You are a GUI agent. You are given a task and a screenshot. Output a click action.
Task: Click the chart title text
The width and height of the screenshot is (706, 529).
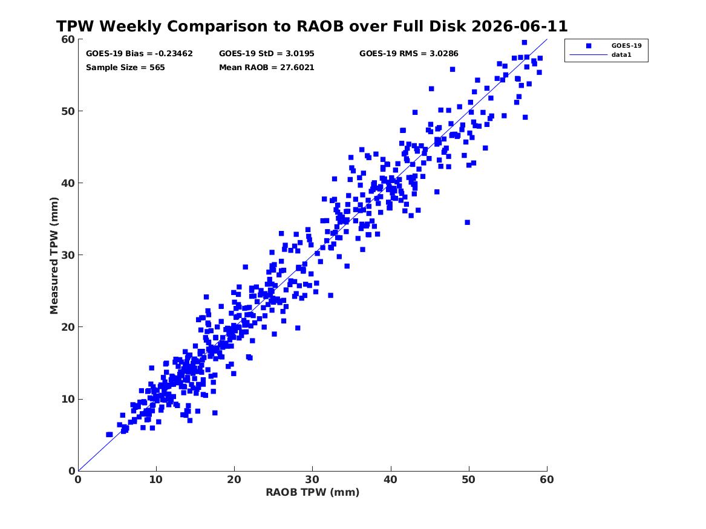(312, 26)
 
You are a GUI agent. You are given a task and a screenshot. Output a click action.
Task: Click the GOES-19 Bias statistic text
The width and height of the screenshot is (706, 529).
(139, 54)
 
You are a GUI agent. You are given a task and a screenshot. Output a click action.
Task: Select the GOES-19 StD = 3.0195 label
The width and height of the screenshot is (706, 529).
(267, 54)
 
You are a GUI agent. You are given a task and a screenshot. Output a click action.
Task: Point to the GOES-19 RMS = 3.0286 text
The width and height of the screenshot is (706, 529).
(408, 54)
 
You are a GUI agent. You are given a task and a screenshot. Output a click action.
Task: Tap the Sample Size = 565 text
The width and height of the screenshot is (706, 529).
(125, 68)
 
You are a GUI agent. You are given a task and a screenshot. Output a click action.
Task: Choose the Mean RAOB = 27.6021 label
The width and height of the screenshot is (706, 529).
(267, 68)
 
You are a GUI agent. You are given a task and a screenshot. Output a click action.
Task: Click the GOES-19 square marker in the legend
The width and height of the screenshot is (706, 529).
(588, 46)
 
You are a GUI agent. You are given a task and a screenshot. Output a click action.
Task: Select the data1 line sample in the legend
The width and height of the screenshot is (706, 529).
(589, 55)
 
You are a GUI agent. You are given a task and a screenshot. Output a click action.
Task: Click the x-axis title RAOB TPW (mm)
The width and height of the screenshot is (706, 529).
(313, 492)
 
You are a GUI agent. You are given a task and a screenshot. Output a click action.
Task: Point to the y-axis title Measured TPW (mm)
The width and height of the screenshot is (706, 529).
(54, 256)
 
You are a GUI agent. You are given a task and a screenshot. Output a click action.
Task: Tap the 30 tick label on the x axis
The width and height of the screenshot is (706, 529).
(312, 479)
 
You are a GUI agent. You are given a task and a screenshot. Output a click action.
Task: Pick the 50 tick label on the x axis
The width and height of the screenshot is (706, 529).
(468, 479)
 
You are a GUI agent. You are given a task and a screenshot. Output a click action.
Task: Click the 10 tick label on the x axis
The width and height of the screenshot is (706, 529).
(156, 479)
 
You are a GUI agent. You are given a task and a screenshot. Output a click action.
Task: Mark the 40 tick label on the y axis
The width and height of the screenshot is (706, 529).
(68, 183)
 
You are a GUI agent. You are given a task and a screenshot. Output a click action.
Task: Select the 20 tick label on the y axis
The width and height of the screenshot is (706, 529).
(68, 327)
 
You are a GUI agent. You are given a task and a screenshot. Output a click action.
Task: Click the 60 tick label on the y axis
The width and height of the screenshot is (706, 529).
(68, 39)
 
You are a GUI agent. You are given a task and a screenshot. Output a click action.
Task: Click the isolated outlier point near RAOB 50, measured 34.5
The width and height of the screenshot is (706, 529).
(468, 222)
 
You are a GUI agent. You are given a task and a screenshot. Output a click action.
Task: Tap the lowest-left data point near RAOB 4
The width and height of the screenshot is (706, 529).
(108, 434)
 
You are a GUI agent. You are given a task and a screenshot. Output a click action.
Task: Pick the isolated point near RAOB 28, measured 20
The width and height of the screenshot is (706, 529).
(298, 328)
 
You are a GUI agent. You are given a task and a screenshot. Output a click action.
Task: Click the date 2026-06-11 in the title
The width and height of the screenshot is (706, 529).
(520, 26)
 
